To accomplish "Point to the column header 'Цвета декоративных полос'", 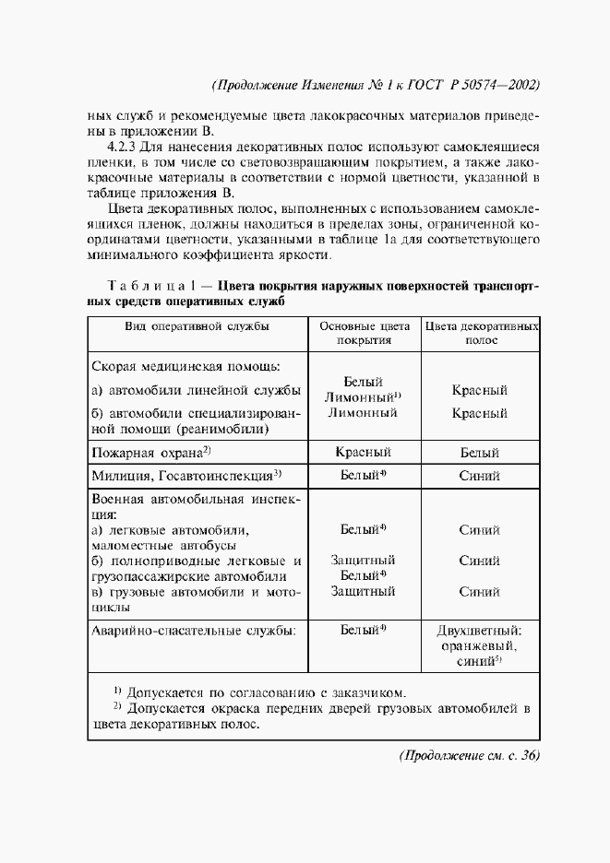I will tap(479, 333).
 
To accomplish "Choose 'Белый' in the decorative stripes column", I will tap(479, 453).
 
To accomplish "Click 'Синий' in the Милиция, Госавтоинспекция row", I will tap(479, 476).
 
